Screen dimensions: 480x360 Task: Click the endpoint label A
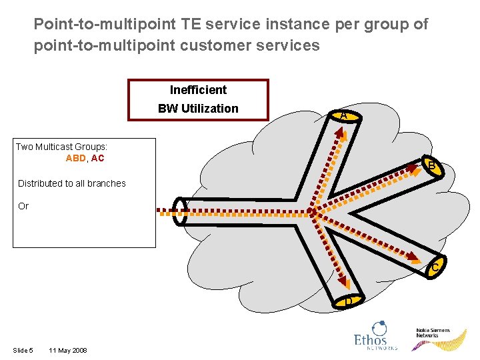[x=343, y=116]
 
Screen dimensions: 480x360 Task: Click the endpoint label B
[x=432, y=165]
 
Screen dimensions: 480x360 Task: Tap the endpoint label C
[x=435, y=268]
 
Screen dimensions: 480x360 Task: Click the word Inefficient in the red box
[x=198, y=90]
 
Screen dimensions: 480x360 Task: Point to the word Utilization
[x=211, y=109]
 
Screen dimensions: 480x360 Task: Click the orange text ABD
[x=75, y=159]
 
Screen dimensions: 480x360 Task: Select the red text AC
[x=97, y=159]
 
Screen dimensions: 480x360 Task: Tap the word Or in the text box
[x=23, y=206]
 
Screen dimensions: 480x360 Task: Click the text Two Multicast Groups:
[x=61, y=147]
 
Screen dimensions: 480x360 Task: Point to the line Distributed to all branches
[x=71, y=183]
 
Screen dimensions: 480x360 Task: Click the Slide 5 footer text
[x=23, y=351]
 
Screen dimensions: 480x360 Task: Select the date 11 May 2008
[x=67, y=351]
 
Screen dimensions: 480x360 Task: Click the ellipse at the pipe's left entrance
[x=179, y=211]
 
